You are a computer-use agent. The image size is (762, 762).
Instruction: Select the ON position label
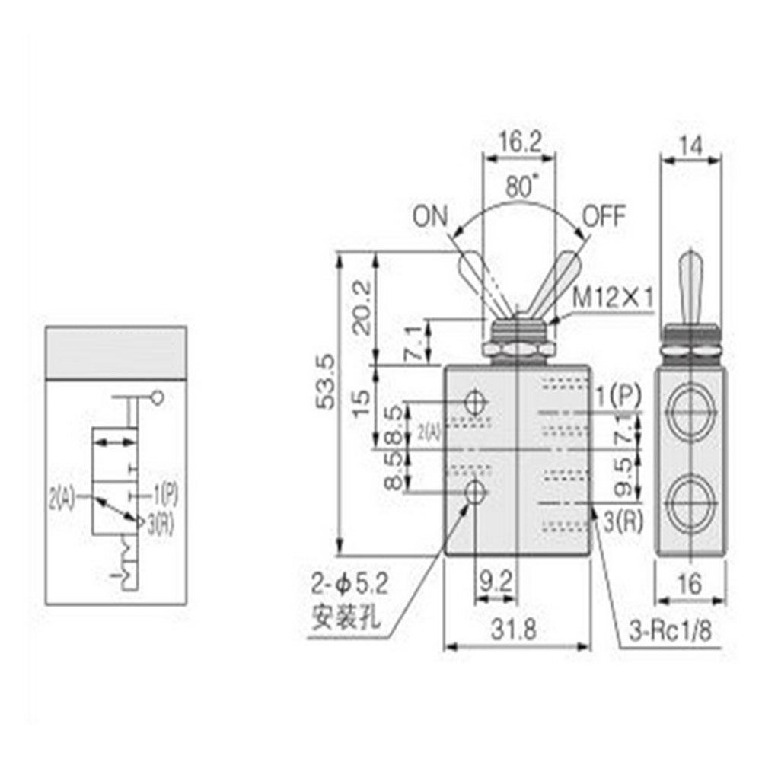click(432, 216)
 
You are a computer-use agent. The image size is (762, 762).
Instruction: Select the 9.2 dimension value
click(496, 584)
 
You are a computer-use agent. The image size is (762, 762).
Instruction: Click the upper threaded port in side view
click(690, 410)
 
